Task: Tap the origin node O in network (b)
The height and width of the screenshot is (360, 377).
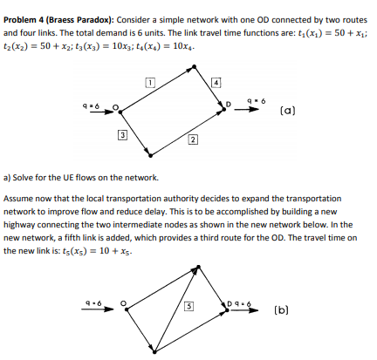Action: click(123, 304)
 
